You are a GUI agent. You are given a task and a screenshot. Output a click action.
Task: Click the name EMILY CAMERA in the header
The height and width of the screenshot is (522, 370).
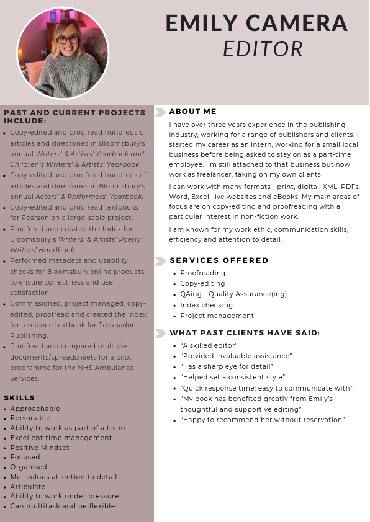click(x=256, y=23)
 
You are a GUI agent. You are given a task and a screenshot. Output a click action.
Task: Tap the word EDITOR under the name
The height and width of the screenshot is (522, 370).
click(x=263, y=48)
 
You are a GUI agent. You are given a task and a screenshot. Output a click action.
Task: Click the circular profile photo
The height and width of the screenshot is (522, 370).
click(x=63, y=53)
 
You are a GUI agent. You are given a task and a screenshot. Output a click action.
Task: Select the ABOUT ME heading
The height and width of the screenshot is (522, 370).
click(x=192, y=112)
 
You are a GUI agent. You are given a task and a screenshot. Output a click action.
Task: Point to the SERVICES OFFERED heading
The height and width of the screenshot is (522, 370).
click(x=219, y=260)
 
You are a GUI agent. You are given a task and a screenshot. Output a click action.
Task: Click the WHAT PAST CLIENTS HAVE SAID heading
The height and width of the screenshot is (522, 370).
click(x=245, y=333)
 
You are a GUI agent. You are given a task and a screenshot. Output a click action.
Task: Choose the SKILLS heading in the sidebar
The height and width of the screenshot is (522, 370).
click(x=19, y=398)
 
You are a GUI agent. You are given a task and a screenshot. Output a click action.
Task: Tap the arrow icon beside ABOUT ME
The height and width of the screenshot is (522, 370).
click(x=160, y=112)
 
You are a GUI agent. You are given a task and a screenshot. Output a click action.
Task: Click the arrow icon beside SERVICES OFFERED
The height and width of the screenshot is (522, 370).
click(x=160, y=261)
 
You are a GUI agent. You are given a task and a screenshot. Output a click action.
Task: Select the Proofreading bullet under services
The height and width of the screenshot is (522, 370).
click(x=202, y=273)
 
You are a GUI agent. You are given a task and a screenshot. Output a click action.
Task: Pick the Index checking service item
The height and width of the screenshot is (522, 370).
click(x=206, y=305)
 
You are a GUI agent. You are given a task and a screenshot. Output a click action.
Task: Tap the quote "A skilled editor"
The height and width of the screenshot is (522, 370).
click(x=209, y=345)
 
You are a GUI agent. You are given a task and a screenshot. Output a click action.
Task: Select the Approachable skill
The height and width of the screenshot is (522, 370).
click(x=35, y=409)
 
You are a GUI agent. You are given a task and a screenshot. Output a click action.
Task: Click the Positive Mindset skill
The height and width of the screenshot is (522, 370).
click(x=40, y=448)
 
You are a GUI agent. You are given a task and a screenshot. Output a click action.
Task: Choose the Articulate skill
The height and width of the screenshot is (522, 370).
click(x=28, y=487)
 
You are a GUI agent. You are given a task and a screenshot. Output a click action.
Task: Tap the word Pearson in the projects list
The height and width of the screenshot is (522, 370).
click(x=36, y=218)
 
